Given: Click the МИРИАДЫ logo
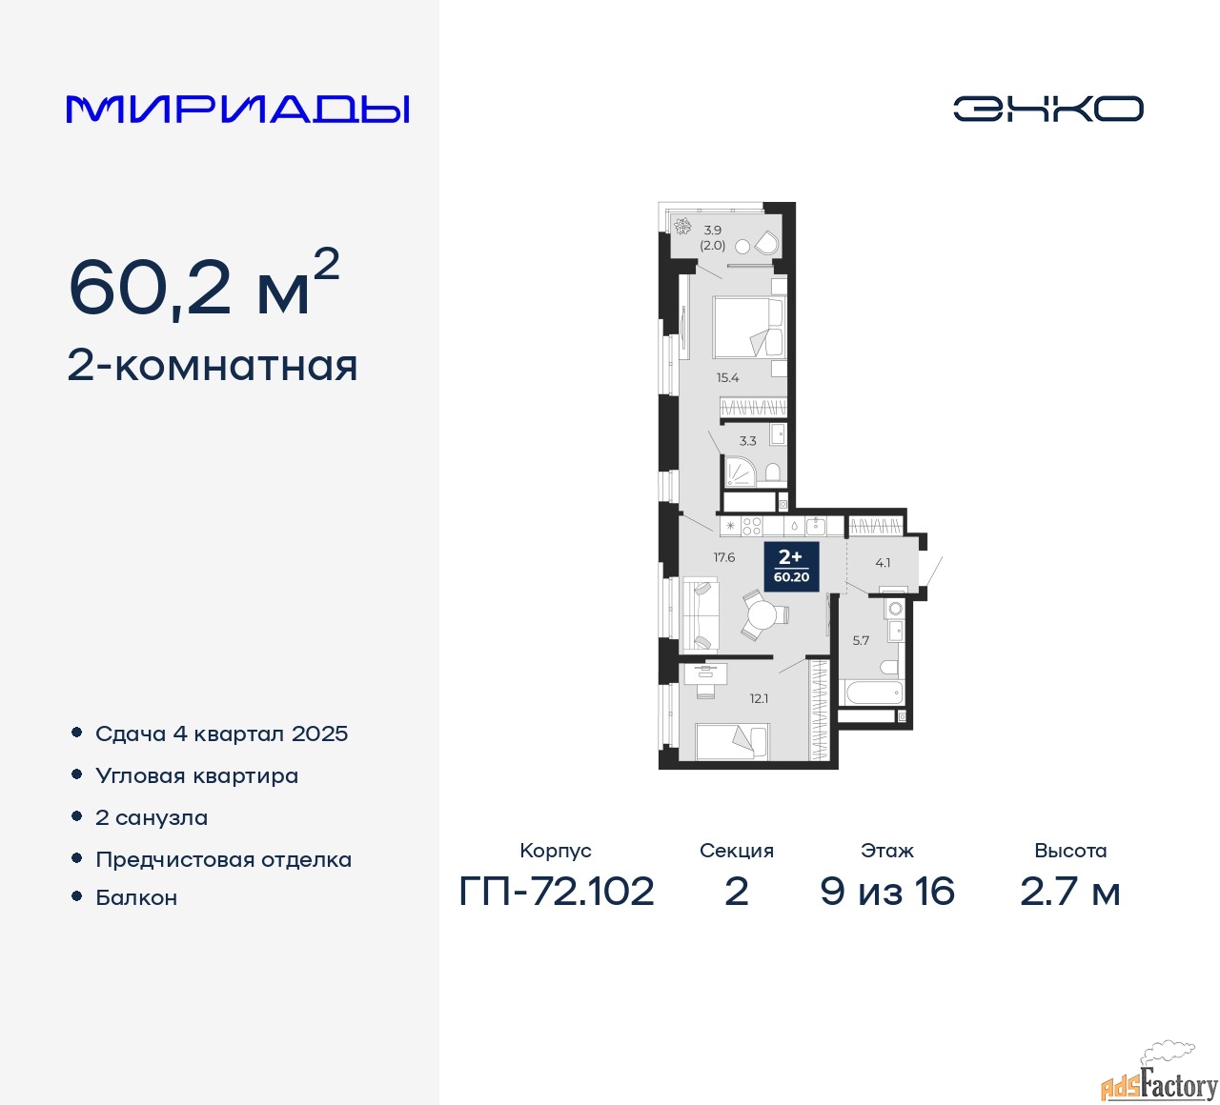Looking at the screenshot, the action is [237, 110].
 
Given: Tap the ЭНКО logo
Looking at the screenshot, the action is [1047, 109].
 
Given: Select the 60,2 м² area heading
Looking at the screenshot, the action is [204, 283].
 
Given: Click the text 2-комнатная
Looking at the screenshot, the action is [213, 367].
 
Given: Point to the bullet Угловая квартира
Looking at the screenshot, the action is [196, 775].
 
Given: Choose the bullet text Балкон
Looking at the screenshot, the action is [136, 897].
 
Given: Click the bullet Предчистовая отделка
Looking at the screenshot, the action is [223, 859].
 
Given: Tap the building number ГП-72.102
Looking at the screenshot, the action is [557, 892].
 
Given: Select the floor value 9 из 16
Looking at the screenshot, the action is [886, 892].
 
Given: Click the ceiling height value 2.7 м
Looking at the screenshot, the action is [1069, 892].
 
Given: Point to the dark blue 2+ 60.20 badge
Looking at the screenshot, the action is [791, 566].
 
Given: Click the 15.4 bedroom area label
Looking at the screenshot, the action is [727, 377].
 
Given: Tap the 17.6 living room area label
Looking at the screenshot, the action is [723, 556].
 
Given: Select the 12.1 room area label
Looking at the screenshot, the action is [759, 698].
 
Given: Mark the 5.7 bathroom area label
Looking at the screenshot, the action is [861, 640].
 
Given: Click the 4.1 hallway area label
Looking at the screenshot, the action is [883, 563].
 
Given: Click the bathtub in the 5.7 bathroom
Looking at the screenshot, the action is [870, 693].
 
